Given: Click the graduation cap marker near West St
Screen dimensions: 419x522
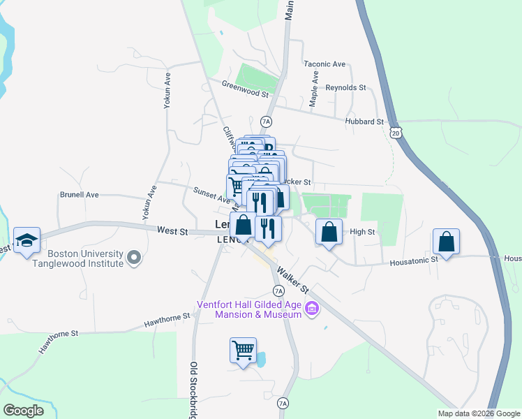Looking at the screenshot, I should tap(27, 241).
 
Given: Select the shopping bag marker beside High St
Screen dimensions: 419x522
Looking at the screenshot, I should tap(329, 233).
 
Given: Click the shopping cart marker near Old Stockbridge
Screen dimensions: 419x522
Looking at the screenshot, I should tap(243, 351).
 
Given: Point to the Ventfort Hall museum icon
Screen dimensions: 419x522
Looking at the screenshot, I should tap(312, 308).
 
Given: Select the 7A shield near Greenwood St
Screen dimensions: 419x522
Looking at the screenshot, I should tap(265, 122).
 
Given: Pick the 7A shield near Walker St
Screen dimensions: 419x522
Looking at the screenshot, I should tap(278, 291).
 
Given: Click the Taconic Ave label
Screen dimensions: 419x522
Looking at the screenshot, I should tap(325, 64).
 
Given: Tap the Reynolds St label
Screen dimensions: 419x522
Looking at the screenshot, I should tap(346, 87).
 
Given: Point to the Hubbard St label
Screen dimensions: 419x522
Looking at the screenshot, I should tap(364, 122).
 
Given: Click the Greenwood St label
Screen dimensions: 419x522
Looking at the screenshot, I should tap(245, 93).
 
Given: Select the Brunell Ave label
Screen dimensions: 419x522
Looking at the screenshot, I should tap(80, 195).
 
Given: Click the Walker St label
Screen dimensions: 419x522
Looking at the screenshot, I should tap(292, 277).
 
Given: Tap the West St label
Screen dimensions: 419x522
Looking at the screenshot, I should tap(172, 230).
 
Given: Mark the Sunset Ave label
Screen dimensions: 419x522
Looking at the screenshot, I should tap(211, 195).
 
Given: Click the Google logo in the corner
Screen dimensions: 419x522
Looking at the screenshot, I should tap(23, 411).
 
